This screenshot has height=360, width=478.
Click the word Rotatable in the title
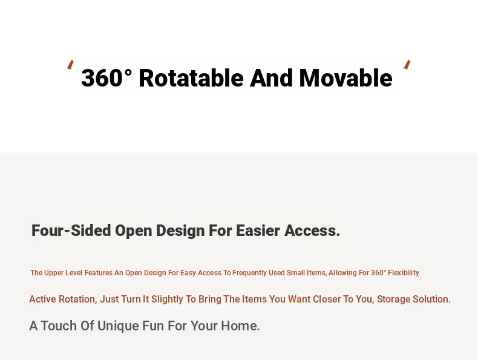[191, 78]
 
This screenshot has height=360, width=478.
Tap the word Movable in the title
[345, 78]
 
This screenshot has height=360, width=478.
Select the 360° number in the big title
[106, 78]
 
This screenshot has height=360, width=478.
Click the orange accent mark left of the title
[70, 65]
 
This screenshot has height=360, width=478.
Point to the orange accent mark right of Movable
[407, 65]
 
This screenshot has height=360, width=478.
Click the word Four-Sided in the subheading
[71, 231]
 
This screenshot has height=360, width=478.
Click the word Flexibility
[404, 273]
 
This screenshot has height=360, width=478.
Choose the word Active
[43, 299]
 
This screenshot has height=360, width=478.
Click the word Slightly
[167, 299]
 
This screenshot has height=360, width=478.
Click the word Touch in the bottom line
[59, 326]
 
